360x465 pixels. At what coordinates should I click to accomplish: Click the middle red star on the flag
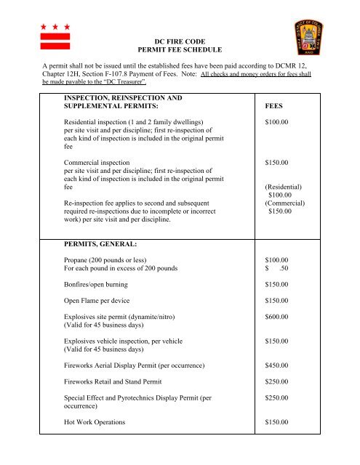click(x=55, y=27)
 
